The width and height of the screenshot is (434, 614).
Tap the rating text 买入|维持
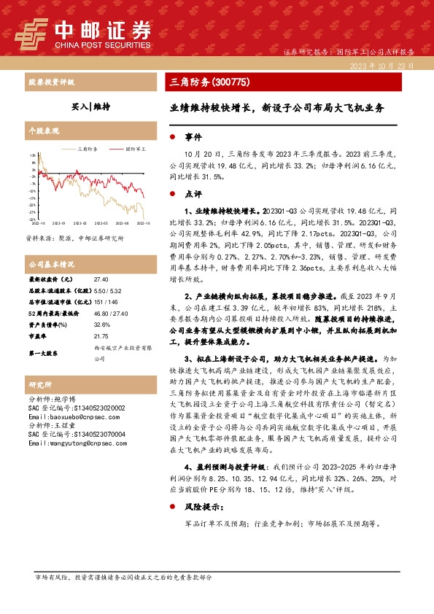point(94,106)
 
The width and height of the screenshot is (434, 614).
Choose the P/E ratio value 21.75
point(101,336)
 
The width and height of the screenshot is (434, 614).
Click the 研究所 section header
point(40,384)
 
